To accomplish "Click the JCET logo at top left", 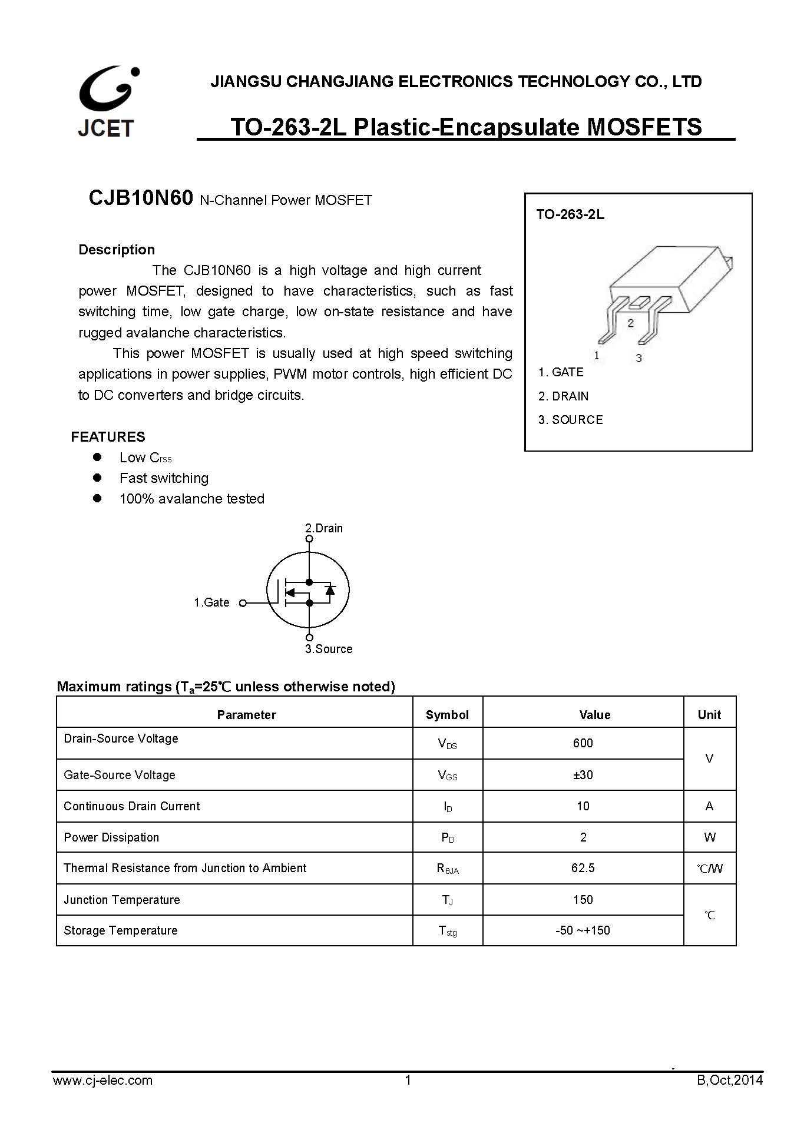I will pos(108,101).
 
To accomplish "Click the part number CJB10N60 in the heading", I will pos(140,198).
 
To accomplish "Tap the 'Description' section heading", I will pos(117,250).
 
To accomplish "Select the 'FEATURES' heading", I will pos(108,437).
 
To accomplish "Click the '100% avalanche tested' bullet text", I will pos(191,499).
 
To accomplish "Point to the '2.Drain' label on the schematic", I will pos(324,528).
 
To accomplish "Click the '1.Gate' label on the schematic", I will pos(211,602).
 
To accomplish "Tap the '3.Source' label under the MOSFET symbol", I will pos(329,649).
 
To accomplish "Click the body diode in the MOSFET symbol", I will pos(330,589).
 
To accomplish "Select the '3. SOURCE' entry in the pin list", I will pos(570,420).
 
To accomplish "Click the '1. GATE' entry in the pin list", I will pos(561,372).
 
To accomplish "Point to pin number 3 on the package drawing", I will pos(638,358).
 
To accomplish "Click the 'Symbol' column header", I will pos(447,715).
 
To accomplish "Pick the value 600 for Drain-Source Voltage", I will pos(583,743).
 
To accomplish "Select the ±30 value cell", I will pos(583,775).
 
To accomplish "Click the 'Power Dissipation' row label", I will pos(111,837).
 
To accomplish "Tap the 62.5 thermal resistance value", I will pos(583,868).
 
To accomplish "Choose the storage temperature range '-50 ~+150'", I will pos(583,930).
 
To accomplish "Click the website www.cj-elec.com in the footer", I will pos(102,1080).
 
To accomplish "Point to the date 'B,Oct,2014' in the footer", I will pos(729,1080).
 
